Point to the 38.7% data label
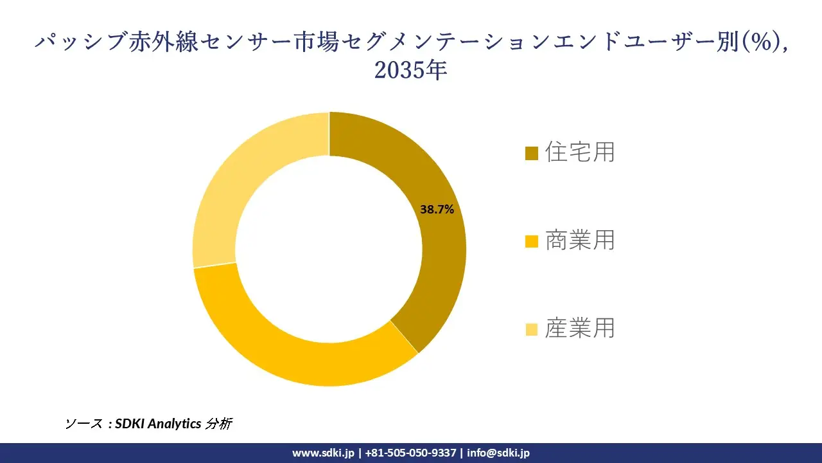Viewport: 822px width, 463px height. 437,209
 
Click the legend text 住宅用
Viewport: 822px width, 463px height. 580,152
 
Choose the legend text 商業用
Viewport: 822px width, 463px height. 580,241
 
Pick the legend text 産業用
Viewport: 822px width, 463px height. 580,329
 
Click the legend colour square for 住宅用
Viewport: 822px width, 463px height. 531,154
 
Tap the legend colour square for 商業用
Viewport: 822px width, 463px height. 531,242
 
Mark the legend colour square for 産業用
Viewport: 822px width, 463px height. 531,330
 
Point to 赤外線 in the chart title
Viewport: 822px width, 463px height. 162,42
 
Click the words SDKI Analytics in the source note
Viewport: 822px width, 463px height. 157,424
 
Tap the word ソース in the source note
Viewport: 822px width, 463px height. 83,424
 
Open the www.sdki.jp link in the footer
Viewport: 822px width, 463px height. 323,453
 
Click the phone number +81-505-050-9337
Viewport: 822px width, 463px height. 410,453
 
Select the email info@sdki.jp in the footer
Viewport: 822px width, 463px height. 498,453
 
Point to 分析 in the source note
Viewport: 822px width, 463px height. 218,424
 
